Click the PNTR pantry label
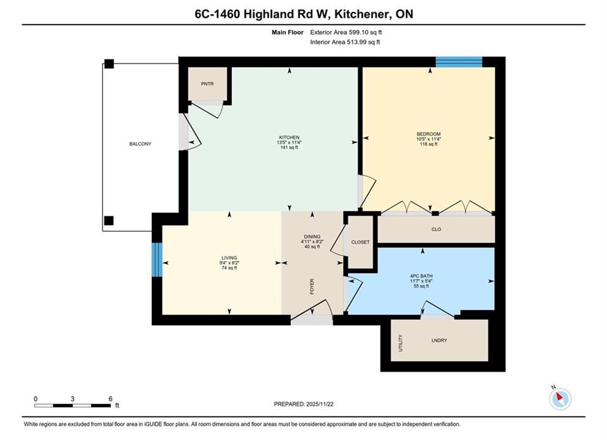click(x=207, y=84)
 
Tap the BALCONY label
click(x=140, y=144)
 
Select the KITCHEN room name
click(x=289, y=137)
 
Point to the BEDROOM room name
click(x=428, y=134)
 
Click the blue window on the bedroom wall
click(x=459, y=62)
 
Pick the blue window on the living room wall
click(x=157, y=260)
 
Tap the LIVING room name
click(x=229, y=258)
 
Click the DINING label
click(x=312, y=237)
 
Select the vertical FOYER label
click(x=312, y=287)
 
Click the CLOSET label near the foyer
click(x=361, y=242)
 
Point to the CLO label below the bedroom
click(x=436, y=229)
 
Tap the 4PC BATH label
click(x=422, y=276)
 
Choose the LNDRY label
click(x=439, y=340)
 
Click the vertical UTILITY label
click(x=401, y=343)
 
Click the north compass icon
click(x=560, y=398)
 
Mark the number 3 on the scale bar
click(x=73, y=398)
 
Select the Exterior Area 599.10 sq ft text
click(x=346, y=32)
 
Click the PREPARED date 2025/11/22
click(x=320, y=404)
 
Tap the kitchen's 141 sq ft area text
click(x=289, y=147)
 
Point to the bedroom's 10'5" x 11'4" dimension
click(x=428, y=139)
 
